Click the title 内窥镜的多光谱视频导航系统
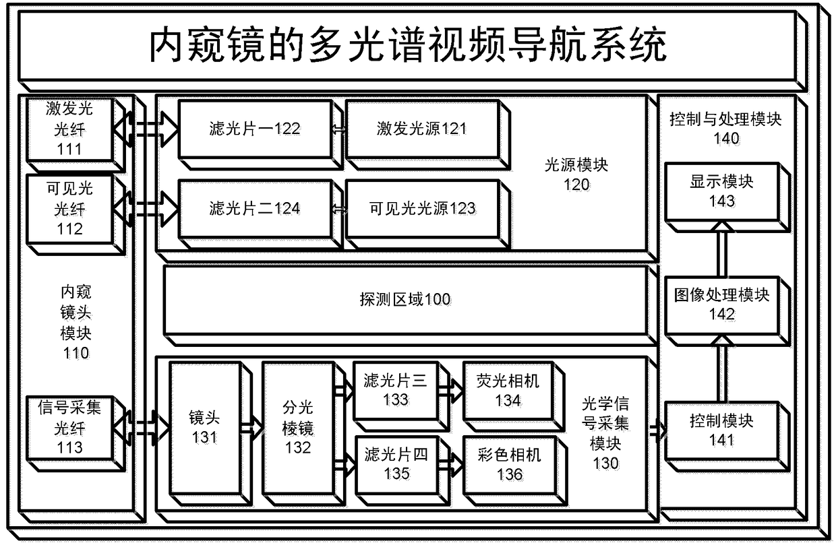(x=408, y=46)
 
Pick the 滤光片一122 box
(x=255, y=129)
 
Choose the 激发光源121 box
(x=421, y=129)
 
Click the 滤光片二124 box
(x=255, y=208)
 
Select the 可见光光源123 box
(x=421, y=208)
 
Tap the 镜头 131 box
(x=204, y=427)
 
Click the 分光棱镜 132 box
(x=297, y=427)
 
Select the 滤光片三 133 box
(x=395, y=390)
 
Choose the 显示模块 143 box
(x=721, y=191)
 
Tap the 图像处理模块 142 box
(x=721, y=304)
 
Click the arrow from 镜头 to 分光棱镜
(x=251, y=427)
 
